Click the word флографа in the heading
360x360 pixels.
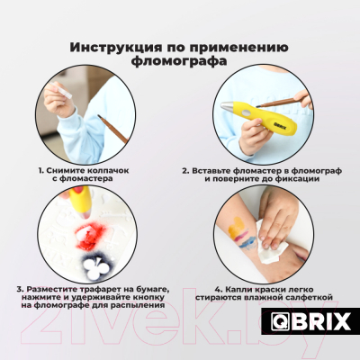pos(180,63)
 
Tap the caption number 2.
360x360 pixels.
pos(184,168)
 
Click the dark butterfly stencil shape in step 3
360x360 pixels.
pos(93,262)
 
